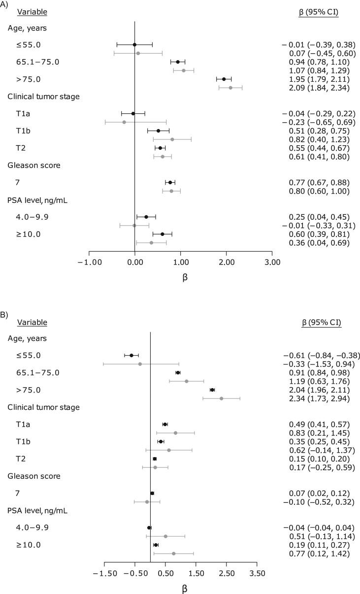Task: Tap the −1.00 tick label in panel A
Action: (89, 262)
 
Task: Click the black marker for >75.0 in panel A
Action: (224, 79)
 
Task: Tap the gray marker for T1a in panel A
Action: (124, 122)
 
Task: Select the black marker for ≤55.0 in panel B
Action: (131, 355)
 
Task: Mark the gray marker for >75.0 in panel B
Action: (221, 398)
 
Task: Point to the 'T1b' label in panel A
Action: (23, 131)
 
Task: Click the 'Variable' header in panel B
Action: (32, 323)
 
